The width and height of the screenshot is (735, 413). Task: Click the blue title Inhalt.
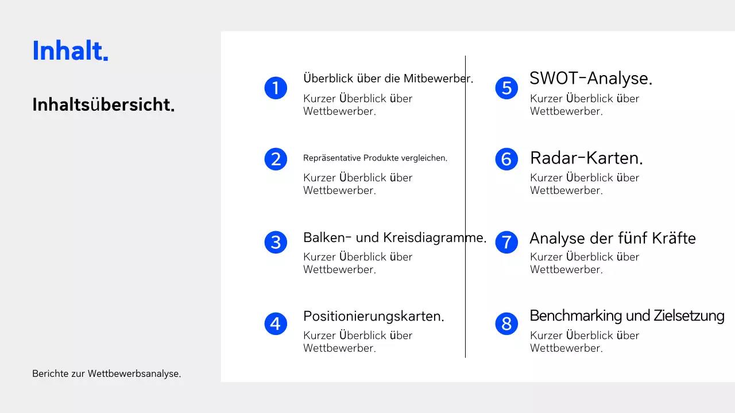coord(69,51)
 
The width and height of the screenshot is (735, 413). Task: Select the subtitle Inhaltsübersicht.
coord(103,105)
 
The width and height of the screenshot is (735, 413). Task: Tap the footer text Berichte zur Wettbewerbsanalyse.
coord(106,374)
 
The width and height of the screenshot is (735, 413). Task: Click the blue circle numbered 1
coord(276,88)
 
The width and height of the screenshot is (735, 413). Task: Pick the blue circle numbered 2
coord(276,159)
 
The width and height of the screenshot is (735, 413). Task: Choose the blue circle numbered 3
coord(276,242)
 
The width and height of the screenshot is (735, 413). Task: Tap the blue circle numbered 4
coord(276,324)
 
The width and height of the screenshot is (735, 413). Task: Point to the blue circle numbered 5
coord(506,88)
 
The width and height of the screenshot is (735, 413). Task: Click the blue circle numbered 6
coord(506,159)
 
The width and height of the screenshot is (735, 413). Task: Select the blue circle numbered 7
coord(506,241)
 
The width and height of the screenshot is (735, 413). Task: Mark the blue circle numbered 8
coord(506,324)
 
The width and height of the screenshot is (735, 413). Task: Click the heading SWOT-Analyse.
coord(591,78)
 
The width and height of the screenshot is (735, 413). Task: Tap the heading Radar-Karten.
coord(586,158)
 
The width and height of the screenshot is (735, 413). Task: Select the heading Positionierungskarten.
coord(374,316)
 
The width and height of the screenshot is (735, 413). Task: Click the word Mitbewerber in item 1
coord(438,79)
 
